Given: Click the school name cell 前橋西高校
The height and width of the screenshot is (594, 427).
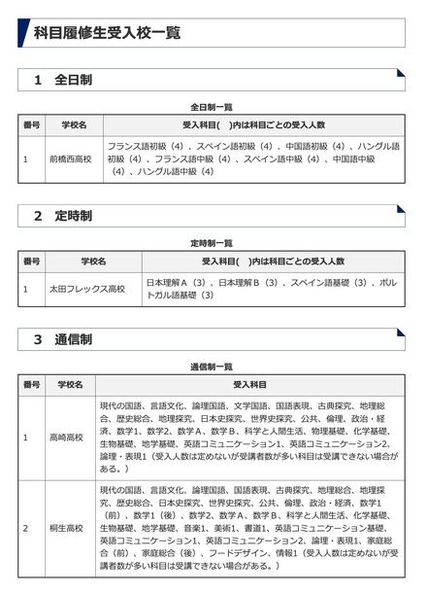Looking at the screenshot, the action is (69, 158).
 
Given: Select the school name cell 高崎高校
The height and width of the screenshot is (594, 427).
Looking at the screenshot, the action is (69, 437).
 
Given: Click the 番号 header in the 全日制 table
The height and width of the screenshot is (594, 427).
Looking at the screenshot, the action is (31, 125).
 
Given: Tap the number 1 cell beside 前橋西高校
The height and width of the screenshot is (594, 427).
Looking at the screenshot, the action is (26, 158).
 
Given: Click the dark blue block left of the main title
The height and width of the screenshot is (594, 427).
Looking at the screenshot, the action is (23, 33).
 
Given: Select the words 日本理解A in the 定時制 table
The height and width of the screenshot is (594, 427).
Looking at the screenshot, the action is (167, 282).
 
